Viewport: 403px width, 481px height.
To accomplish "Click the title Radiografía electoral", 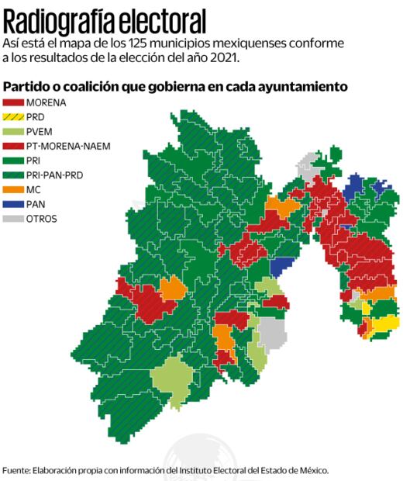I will (x=105, y=19).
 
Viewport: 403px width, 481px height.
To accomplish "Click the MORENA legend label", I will (x=46, y=102).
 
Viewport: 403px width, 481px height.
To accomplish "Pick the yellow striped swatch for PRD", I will (x=12, y=116).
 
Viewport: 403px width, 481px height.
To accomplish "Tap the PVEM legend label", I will (x=40, y=131).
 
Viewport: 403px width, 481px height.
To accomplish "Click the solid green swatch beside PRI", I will (x=12, y=161).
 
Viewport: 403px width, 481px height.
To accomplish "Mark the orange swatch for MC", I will (x=12, y=190).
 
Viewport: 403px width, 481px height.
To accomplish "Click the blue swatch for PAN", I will (x=12, y=204).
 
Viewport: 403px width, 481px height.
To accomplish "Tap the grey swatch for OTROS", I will (x=12, y=219).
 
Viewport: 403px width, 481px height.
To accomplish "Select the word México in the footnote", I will (x=312, y=470).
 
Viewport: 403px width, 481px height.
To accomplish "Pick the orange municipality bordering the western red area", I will (x=174, y=289).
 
